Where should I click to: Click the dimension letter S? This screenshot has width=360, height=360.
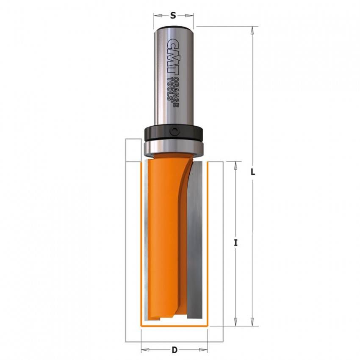point(173,16)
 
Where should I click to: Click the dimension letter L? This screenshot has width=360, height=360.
point(252,172)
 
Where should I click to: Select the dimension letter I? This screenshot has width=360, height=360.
point(235,243)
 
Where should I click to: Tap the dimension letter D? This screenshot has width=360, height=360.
point(174,350)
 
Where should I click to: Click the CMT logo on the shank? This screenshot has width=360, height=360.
point(173,56)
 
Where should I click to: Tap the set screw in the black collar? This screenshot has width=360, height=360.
point(174,132)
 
